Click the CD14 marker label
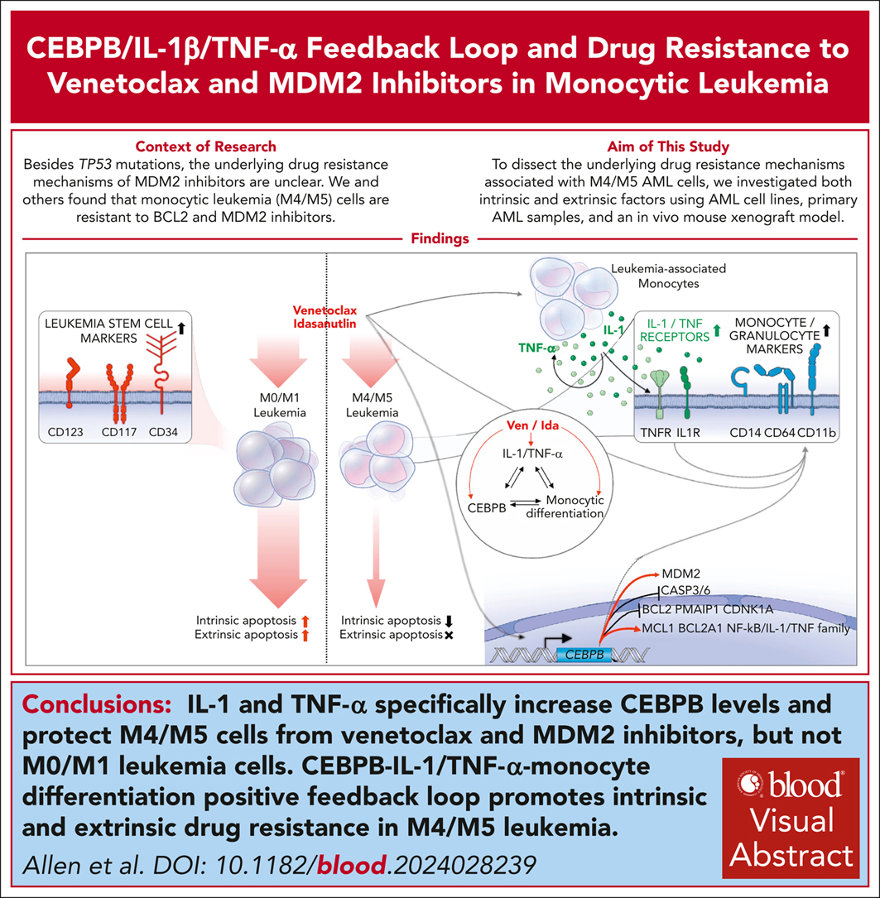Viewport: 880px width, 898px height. (x=743, y=430)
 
